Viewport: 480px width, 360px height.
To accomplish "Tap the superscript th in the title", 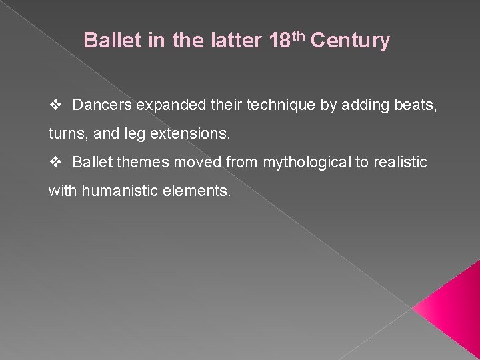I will point(298,35).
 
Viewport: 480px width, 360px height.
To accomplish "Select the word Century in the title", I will point(350,41).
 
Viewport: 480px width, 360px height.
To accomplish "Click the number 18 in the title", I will point(279,41).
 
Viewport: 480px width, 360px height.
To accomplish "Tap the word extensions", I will point(197,134).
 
